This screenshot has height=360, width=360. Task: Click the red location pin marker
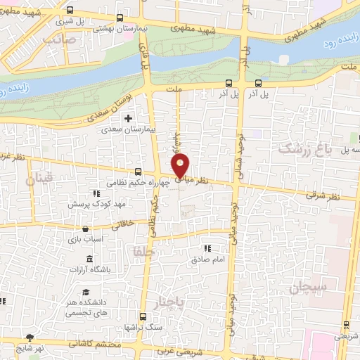[x=181, y=166]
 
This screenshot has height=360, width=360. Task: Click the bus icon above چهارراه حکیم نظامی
[x=137, y=171]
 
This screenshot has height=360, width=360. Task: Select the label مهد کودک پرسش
[x=96, y=204]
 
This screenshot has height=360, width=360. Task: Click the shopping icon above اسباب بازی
[x=85, y=229]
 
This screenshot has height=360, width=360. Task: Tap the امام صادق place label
[x=207, y=259]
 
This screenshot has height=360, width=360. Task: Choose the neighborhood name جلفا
[x=141, y=250]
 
